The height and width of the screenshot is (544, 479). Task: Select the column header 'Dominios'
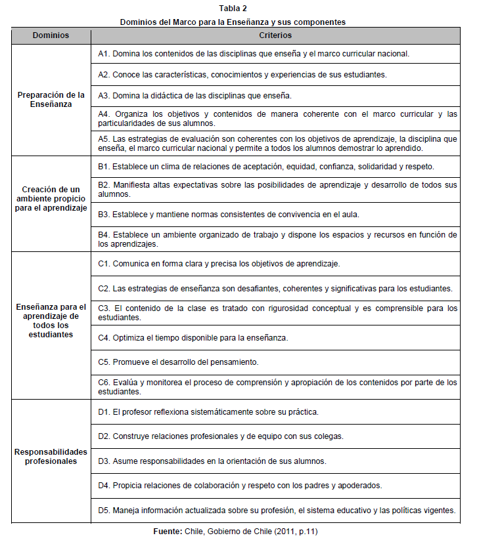tap(51, 35)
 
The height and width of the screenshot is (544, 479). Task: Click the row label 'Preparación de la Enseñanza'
tap(51, 99)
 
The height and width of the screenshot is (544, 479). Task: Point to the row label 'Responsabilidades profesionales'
tap(51, 455)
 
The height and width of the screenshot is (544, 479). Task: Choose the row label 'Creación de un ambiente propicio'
tap(51, 198)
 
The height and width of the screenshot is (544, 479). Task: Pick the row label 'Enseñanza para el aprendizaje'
tap(51, 320)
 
